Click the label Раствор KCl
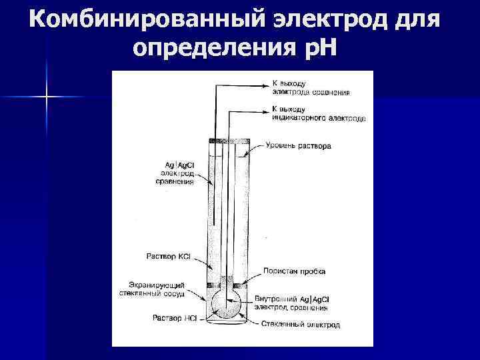pyautogui.click(x=170, y=255)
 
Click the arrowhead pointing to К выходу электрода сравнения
pyautogui.click(x=266, y=85)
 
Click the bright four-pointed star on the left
pyautogui.click(x=47, y=97)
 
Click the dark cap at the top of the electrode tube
pyautogui.click(x=229, y=141)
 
